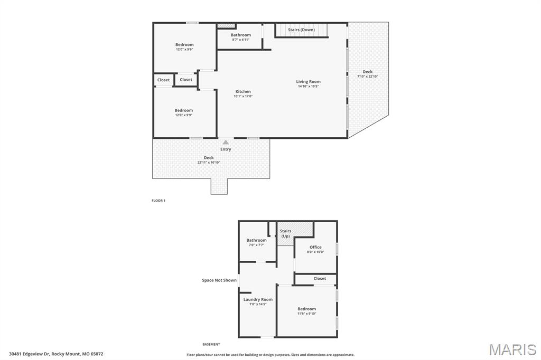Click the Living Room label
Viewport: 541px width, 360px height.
point(308,81)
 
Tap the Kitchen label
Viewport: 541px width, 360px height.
point(243,91)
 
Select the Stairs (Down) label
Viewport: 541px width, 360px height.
point(301,30)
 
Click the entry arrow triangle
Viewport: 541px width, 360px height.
point(226,142)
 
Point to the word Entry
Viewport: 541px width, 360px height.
point(226,149)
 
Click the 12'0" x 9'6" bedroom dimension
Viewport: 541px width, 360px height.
point(184,49)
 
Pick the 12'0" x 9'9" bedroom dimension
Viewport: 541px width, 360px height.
point(184,115)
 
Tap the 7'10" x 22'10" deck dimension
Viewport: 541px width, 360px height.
point(367,76)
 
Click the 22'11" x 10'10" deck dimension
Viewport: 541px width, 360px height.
point(209,162)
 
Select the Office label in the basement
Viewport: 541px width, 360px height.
point(315,247)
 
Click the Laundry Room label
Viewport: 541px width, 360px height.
point(258,299)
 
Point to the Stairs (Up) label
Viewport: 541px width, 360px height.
point(285,233)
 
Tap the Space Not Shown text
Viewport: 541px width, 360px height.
point(219,280)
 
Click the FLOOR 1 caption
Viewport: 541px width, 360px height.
point(158,201)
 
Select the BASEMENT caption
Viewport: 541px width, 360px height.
point(211,344)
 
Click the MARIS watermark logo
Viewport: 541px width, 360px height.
point(512,349)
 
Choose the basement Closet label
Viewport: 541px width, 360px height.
point(320,278)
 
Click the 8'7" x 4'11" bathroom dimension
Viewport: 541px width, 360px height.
point(240,40)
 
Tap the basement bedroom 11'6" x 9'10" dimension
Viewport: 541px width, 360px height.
point(306,314)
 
